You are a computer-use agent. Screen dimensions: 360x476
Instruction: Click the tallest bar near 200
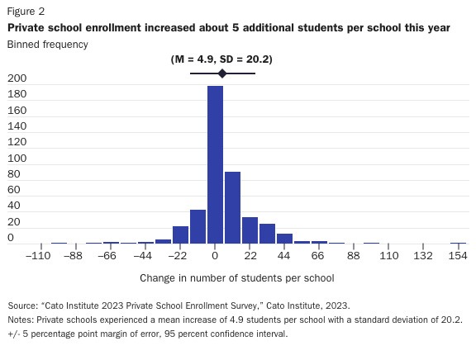tap(215, 165)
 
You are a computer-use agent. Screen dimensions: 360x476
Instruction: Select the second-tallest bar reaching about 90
tap(232, 207)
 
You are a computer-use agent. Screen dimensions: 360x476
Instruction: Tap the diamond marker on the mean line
tap(222, 73)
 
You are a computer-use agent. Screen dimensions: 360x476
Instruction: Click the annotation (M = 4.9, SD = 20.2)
tap(221, 59)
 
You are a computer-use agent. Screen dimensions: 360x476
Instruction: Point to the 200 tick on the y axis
tap(17, 78)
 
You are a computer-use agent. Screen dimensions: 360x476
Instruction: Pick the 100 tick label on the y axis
tap(17, 158)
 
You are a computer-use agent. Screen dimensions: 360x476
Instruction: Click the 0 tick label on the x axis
tap(215, 257)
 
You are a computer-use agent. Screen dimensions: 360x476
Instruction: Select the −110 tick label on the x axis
tap(39, 257)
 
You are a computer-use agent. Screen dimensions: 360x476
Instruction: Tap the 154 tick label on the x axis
tap(458, 257)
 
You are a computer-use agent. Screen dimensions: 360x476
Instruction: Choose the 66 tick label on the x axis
tap(319, 257)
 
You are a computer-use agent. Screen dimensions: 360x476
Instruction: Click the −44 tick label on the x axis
tap(143, 257)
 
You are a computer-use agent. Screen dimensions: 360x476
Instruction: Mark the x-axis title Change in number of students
tap(236, 278)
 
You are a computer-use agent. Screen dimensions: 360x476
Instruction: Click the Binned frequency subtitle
tap(47, 43)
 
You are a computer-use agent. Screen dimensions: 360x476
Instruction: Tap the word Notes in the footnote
tap(21, 320)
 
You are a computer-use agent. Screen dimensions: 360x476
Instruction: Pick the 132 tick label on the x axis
tap(423, 257)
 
